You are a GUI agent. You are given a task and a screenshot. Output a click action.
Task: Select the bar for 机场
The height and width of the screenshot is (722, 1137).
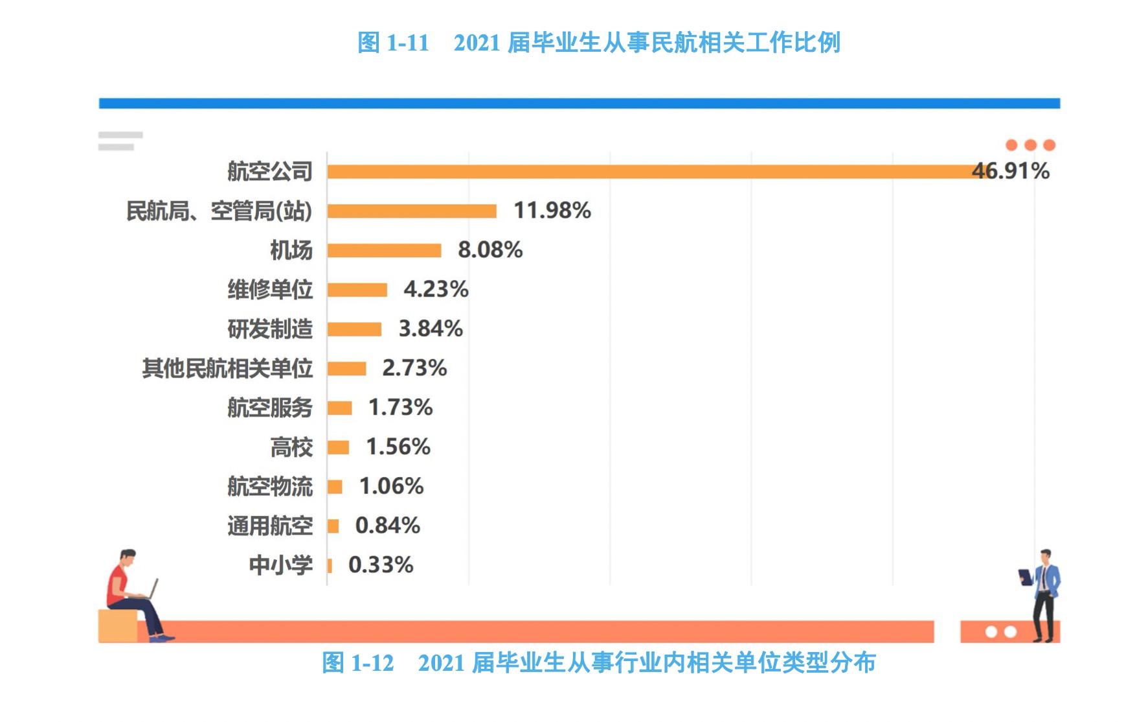point(384,250)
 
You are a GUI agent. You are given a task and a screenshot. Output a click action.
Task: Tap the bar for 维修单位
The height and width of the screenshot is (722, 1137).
point(357,290)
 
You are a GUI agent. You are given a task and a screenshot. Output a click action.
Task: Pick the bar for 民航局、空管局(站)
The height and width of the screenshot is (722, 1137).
point(412,211)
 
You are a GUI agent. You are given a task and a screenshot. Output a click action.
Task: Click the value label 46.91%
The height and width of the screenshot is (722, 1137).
point(1011,171)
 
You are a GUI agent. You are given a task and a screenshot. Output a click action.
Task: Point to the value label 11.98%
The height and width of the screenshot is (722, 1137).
point(552,211)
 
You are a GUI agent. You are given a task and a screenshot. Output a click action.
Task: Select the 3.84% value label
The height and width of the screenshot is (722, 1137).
point(431,329)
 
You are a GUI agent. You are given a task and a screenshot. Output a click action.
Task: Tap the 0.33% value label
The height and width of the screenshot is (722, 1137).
point(381,565)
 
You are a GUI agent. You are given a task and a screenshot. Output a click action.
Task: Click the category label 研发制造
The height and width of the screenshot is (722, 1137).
point(270,329)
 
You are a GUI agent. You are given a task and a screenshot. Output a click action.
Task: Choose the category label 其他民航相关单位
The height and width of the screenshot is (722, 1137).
point(227,368)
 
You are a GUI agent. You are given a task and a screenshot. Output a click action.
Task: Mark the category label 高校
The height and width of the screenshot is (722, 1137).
point(291,447)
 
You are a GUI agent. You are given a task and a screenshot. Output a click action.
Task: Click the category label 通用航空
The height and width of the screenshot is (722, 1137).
point(270,526)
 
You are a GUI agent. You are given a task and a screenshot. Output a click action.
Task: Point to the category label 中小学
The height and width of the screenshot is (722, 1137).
point(281,565)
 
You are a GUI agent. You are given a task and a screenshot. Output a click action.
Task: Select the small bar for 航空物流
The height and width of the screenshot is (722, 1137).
point(335,487)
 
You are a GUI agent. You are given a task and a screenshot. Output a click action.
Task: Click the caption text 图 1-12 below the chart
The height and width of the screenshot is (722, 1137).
point(358,663)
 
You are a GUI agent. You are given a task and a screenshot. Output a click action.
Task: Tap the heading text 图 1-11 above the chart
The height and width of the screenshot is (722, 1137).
point(393,43)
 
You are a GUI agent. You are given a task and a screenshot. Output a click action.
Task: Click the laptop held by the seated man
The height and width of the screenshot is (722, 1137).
point(153,589)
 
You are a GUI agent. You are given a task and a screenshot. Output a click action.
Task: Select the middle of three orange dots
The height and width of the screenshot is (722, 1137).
point(1030,145)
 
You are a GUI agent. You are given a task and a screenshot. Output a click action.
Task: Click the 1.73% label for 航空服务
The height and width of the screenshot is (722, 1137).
point(400,408)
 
